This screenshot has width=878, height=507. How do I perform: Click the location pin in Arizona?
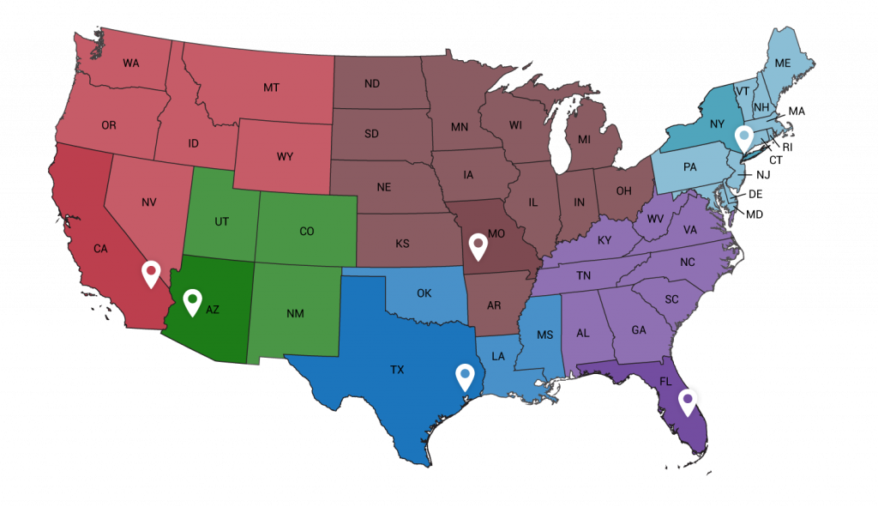(x=193, y=301)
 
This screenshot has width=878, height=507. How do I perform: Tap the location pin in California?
(x=152, y=273)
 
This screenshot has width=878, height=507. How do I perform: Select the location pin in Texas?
(x=465, y=376)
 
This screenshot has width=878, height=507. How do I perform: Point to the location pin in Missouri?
(x=478, y=246)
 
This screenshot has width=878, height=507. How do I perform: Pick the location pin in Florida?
(x=688, y=401)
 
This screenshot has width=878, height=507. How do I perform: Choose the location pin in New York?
(x=744, y=137)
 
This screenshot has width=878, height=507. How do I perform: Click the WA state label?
(x=130, y=63)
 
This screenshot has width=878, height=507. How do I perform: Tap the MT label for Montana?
(x=272, y=88)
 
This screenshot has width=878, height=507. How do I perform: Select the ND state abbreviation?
(x=372, y=84)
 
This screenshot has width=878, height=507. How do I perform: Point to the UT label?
(x=222, y=221)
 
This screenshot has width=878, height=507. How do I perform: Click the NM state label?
(x=295, y=314)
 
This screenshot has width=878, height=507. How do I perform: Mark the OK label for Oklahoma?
(x=424, y=293)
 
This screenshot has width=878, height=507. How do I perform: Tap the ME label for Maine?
(x=783, y=63)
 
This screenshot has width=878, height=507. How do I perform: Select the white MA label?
(x=797, y=112)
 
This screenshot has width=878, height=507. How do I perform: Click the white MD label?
(x=755, y=214)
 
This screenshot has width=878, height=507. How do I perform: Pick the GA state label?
(x=639, y=330)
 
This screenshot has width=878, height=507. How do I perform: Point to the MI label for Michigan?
(x=584, y=139)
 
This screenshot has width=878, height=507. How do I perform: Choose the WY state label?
(x=285, y=157)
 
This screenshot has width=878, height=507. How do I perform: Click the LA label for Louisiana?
(x=498, y=355)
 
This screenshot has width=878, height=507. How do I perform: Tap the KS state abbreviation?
(x=402, y=244)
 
